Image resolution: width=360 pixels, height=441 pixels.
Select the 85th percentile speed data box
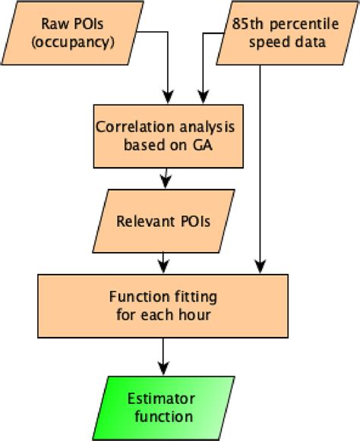coord(282,34)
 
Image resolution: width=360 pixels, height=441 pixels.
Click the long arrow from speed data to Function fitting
coord(261,167)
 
